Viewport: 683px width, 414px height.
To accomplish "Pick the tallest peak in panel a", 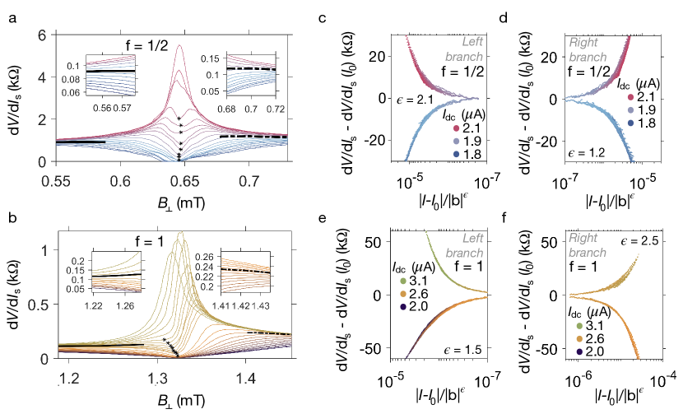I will point(179,47).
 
